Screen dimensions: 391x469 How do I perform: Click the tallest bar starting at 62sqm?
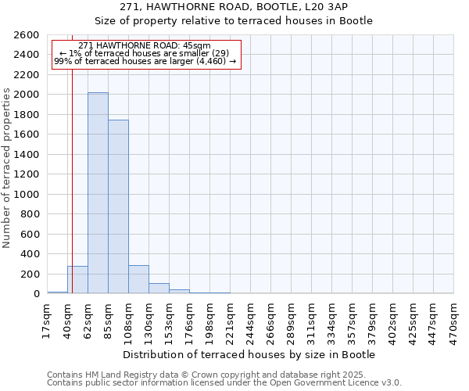(x=98, y=193)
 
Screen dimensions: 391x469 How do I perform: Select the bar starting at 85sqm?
(x=118, y=207)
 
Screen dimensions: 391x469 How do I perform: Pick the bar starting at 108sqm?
(x=138, y=279)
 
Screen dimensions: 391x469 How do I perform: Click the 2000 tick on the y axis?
(x=29, y=95)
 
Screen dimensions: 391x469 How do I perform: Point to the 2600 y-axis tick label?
(x=29, y=35)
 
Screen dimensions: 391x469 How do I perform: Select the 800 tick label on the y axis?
(x=32, y=214)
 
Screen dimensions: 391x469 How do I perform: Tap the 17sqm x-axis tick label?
(x=47, y=321)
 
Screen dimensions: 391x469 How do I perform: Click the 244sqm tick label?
(x=250, y=321)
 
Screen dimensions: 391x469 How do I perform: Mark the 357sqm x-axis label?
(x=353, y=321)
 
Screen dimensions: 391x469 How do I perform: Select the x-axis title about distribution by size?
(x=249, y=354)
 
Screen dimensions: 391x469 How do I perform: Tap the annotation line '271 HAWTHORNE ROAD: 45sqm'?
(x=145, y=45)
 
